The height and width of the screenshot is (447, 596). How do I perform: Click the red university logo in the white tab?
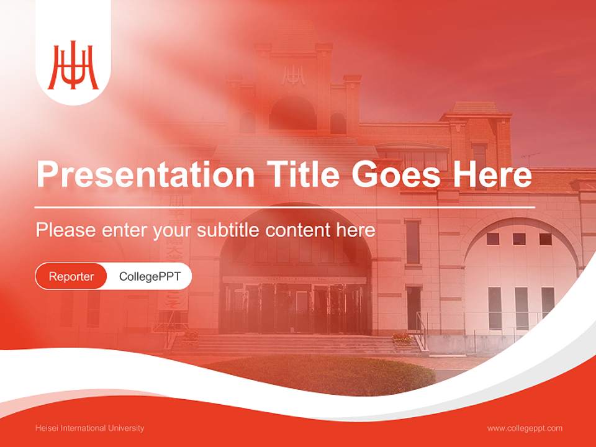(x=73, y=66)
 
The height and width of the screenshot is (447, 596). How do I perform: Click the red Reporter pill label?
(x=71, y=276)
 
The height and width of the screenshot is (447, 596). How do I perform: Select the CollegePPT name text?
(x=150, y=276)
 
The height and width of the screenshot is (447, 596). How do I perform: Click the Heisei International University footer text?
(x=90, y=428)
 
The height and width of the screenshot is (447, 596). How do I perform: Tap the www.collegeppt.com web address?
(x=525, y=428)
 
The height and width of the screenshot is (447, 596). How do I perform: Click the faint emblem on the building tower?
(x=293, y=76)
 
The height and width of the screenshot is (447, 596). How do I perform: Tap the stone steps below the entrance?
(x=292, y=345)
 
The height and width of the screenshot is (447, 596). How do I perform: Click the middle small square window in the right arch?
(x=519, y=239)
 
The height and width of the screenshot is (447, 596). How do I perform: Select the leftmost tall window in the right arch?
(x=494, y=308)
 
